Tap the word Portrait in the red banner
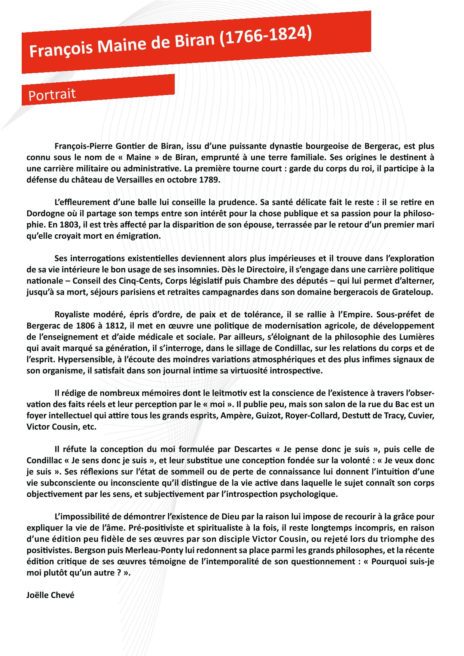pos(52,95)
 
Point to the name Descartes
pos(253,449)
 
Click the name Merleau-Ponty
pos(154,550)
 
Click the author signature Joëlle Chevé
pos(51,595)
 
